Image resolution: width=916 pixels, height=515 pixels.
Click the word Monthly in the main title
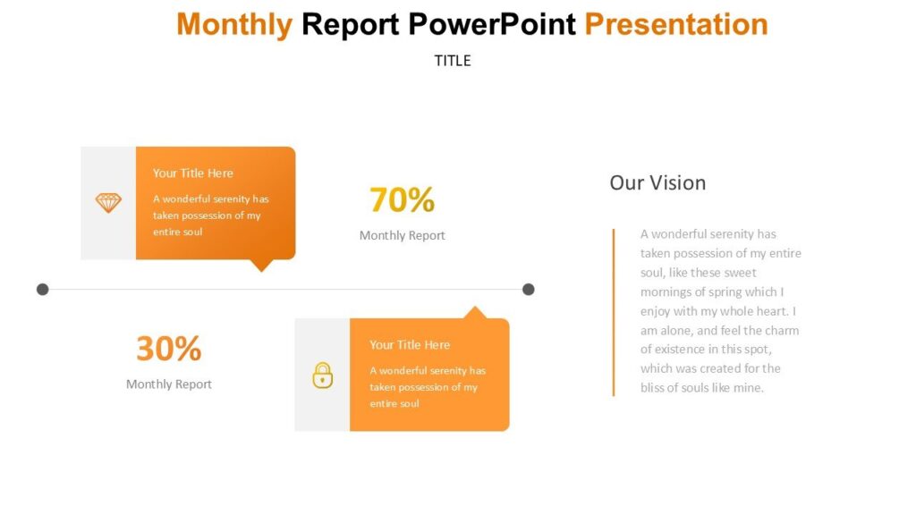point(234,24)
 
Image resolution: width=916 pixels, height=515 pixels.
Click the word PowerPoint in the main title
point(491,24)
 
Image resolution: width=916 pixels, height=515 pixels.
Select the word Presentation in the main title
point(676,24)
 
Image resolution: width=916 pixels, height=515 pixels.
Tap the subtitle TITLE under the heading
point(453,61)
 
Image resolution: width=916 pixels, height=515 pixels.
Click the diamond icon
point(108,203)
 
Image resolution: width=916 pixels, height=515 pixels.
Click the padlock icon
point(322,375)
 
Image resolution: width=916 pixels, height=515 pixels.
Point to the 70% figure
point(402,200)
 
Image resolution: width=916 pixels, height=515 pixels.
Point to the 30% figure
point(168,349)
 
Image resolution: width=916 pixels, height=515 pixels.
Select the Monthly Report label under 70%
point(402,235)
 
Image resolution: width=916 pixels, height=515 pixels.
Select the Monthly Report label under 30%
point(168,384)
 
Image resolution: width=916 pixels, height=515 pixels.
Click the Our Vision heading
point(657,182)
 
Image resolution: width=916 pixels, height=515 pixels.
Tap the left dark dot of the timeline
point(42,289)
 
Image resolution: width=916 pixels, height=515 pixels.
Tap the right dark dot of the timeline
point(529,289)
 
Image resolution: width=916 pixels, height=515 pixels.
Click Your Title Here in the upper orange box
point(192,173)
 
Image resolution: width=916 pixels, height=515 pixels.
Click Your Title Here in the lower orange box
point(410,345)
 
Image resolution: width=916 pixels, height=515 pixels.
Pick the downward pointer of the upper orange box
point(261,265)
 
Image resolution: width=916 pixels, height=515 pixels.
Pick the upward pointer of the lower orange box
point(475,313)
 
